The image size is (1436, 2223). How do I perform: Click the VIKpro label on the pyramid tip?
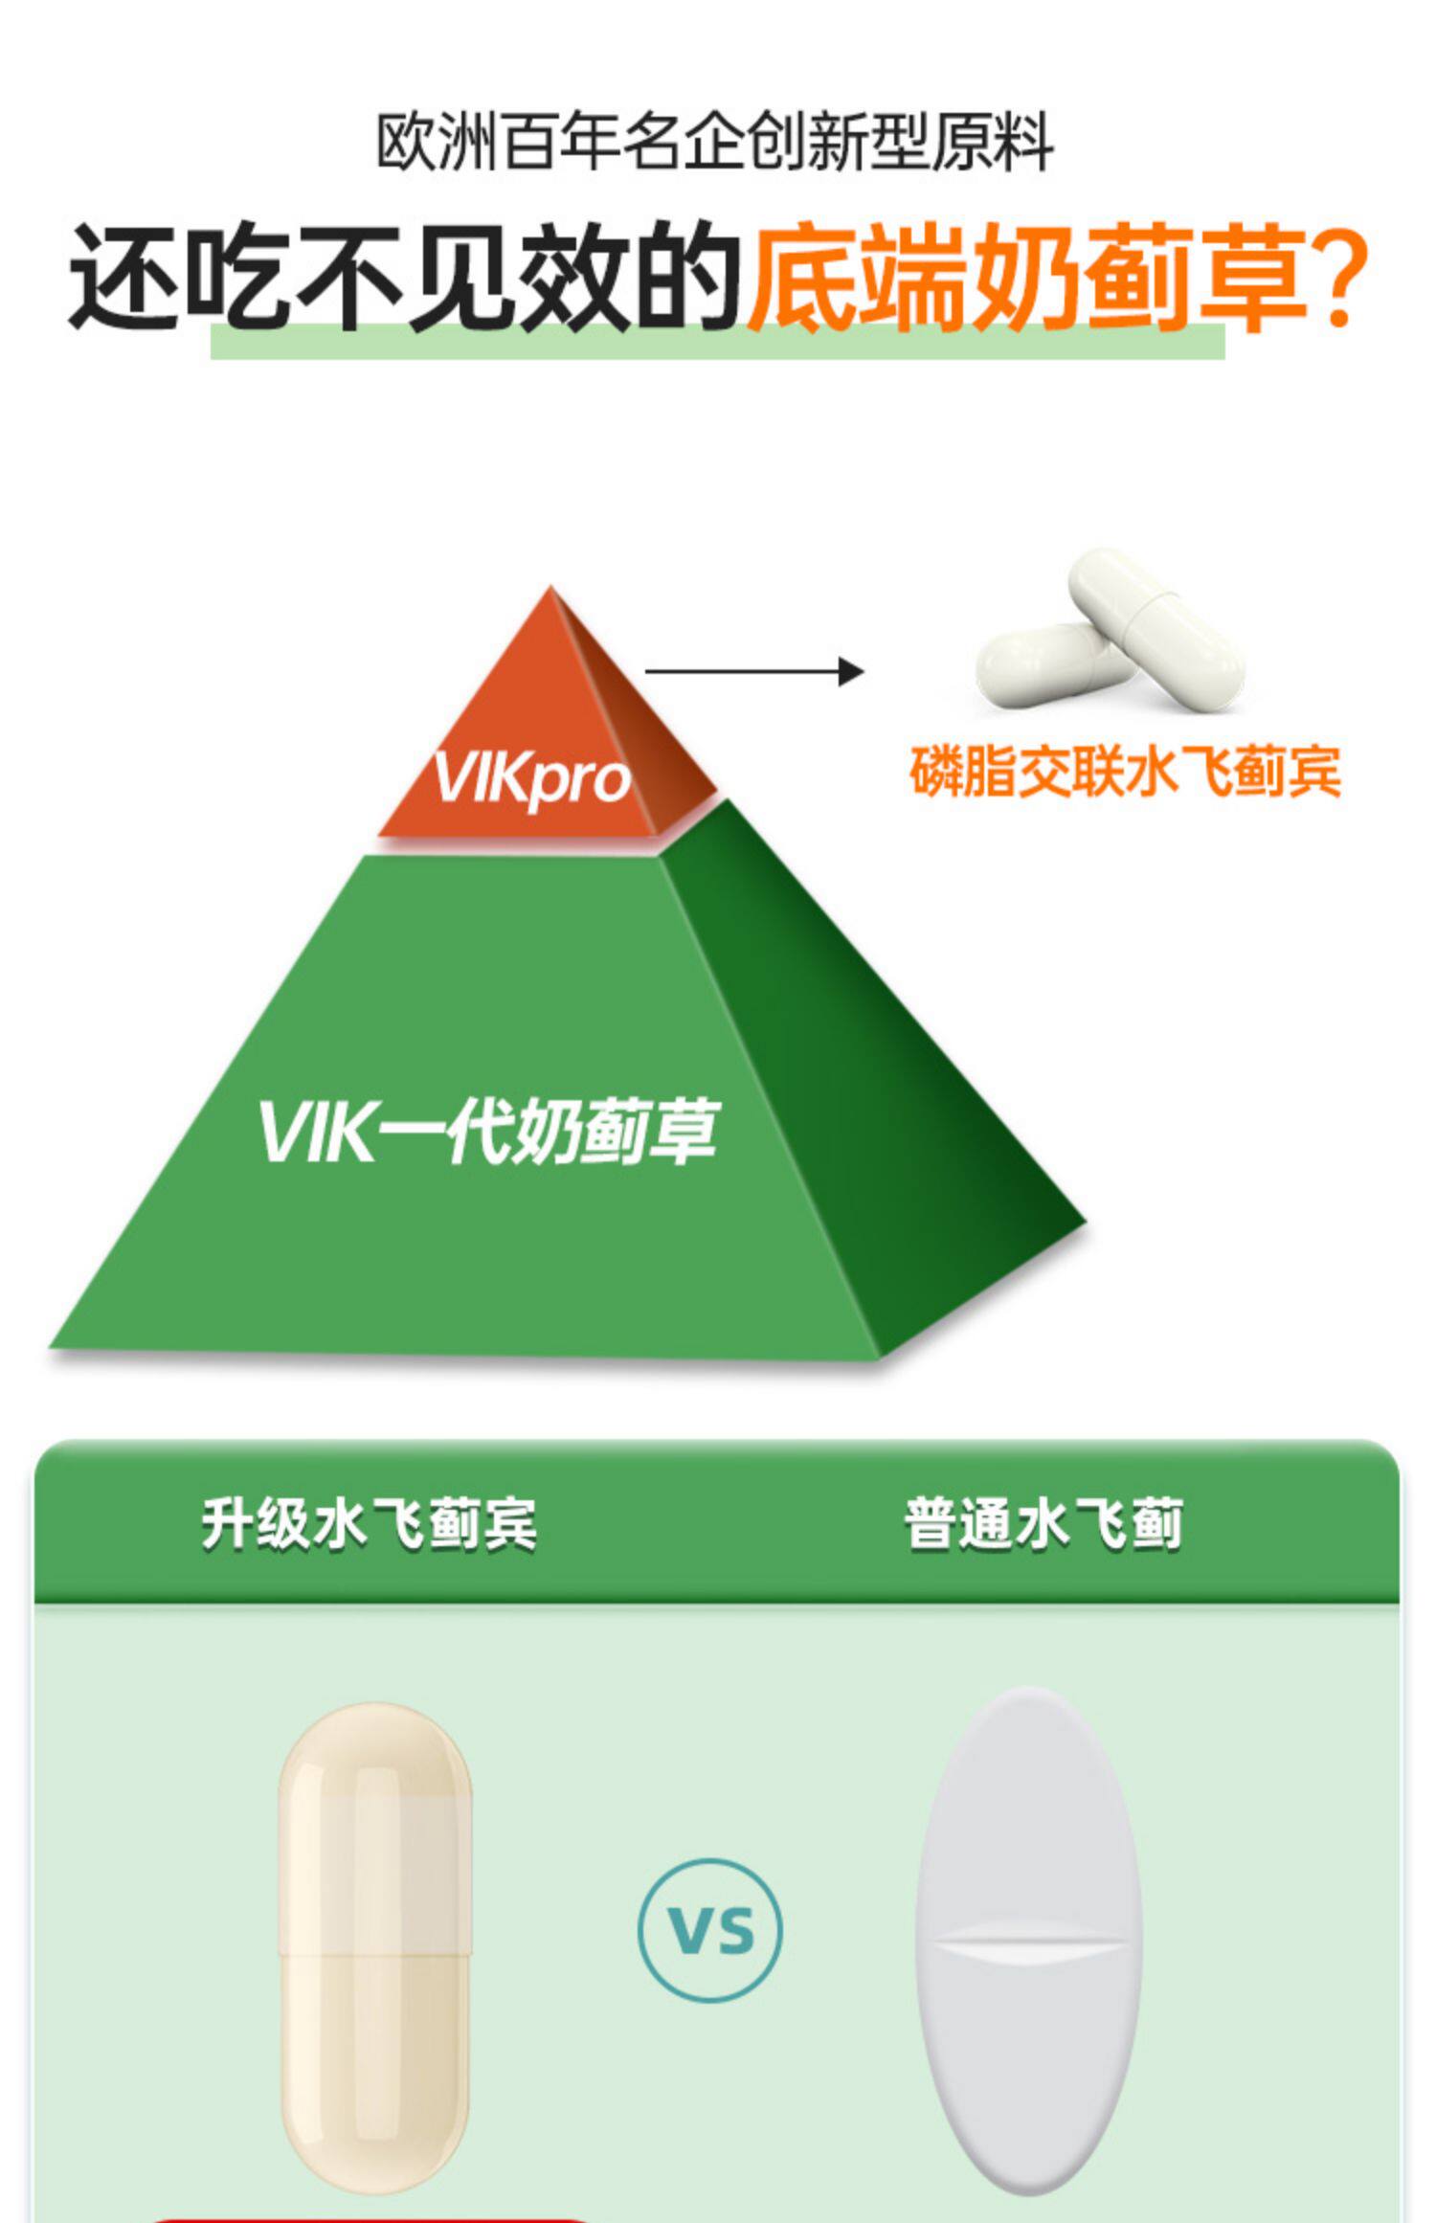click(x=532, y=777)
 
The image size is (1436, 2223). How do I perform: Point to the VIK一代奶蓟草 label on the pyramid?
click(x=488, y=1132)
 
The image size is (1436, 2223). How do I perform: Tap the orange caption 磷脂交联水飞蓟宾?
click(x=1125, y=772)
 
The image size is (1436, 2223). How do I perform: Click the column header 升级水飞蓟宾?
click(x=369, y=1523)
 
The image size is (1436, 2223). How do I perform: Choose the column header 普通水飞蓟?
click(x=1043, y=1523)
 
